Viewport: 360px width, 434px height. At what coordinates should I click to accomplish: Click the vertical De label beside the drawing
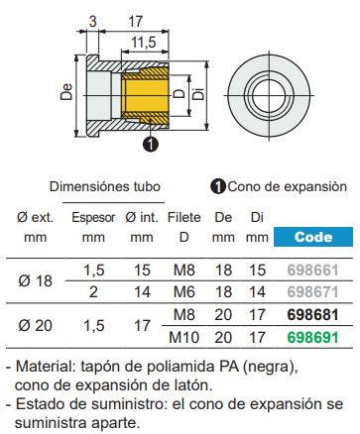66,96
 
